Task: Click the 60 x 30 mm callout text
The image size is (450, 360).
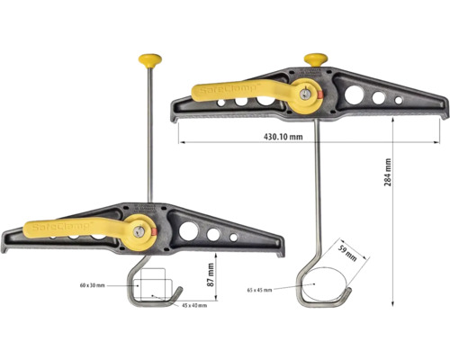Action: (92, 284)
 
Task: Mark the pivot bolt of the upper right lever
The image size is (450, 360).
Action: (308, 92)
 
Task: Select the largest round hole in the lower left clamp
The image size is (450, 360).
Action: (190, 231)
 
